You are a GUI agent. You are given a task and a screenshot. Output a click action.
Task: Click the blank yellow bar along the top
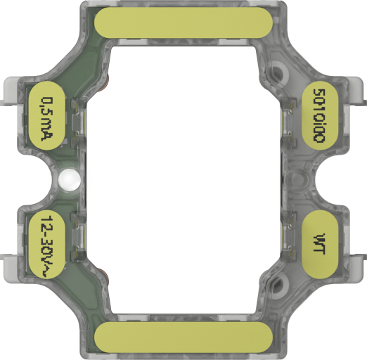tap(183, 22)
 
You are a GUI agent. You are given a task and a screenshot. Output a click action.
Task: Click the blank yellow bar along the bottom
tap(183, 337)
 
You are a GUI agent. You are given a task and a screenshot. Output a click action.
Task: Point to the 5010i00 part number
tap(319, 116)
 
